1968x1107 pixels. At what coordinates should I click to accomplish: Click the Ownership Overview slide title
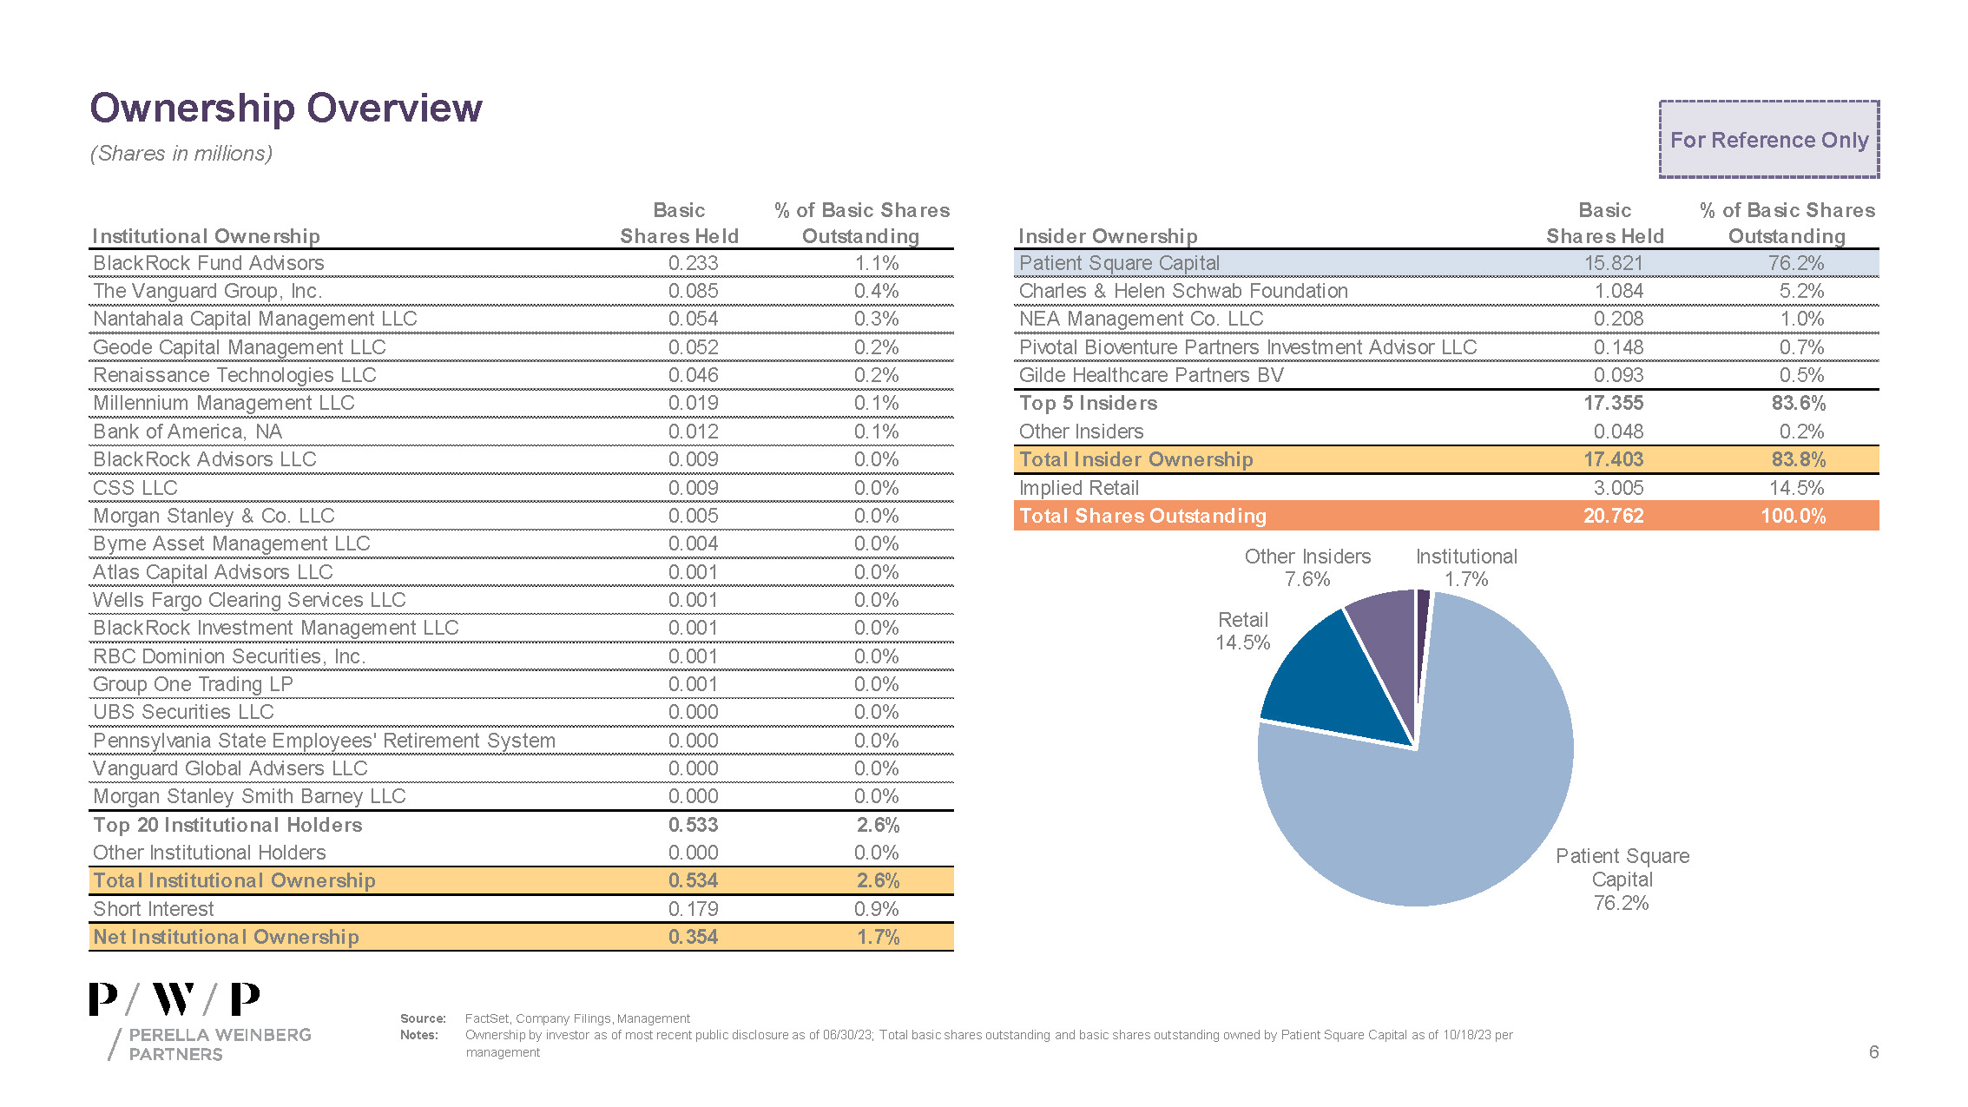coord(286,109)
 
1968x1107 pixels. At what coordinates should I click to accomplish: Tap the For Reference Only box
coord(1768,140)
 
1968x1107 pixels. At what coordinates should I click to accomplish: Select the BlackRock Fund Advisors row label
coord(208,263)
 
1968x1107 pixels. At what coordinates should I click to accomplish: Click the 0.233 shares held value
coord(693,263)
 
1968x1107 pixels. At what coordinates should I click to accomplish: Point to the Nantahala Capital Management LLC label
coord(254,319)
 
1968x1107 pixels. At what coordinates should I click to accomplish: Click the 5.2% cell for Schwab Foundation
coord(1801,291)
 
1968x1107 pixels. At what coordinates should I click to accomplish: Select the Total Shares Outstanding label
coord(1142,516)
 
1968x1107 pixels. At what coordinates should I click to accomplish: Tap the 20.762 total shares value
coord(1613,516)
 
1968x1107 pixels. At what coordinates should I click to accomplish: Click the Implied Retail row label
coord(1078,488)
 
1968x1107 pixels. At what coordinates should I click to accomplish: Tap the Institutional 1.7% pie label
coord(1466,568)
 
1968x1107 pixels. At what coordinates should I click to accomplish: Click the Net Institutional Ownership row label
coord(226,937)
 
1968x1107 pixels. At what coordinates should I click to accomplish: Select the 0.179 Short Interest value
coord(693,909)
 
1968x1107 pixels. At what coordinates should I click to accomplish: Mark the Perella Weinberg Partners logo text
coord(219,1044)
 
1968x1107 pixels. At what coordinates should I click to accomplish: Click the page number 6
coord(1873,1052)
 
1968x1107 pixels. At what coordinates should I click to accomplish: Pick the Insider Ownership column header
coord(1107,236)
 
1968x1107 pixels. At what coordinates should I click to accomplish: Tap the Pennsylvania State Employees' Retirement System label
coord(324,741)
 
